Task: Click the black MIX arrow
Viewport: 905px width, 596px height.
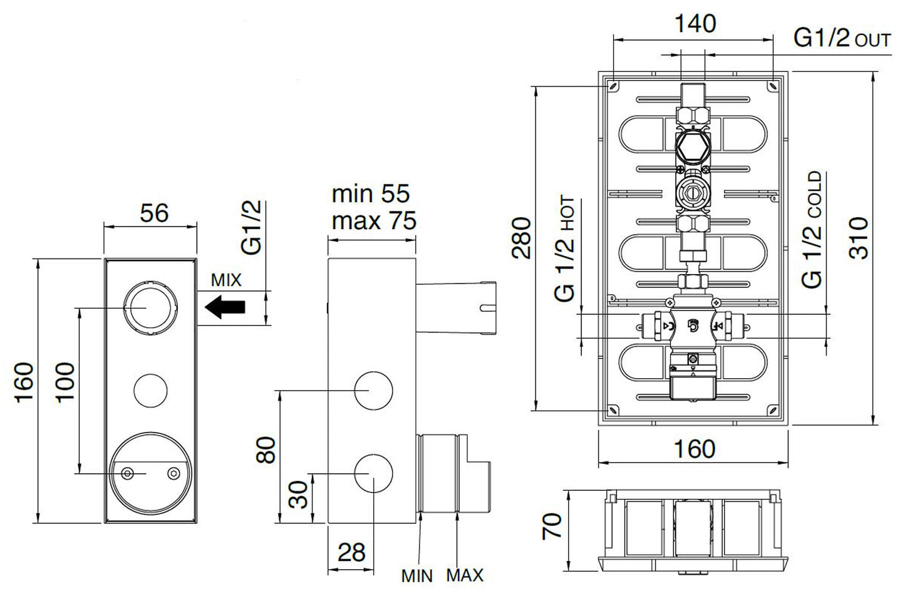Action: click(225, 307)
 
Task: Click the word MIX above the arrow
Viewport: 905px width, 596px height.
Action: click(225, 280)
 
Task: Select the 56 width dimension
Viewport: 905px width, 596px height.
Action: click(154, 213)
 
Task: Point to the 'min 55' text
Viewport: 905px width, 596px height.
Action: click(371, 193)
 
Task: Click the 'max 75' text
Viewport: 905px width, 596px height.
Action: click(374, 220)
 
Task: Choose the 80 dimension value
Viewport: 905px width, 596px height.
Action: click(266, 450)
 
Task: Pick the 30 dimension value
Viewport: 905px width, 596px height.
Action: click(299, 495)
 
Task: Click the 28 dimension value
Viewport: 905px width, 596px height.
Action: click(351, 552)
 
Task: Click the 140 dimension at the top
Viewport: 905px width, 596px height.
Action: click(695, 24)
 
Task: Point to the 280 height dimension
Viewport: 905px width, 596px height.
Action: click(521, 238)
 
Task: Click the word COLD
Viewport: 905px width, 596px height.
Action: click(813, 195)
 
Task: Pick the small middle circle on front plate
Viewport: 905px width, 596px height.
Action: click(150, 390)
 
